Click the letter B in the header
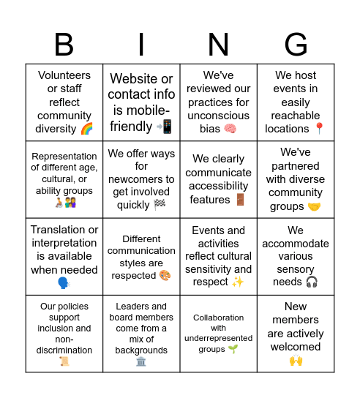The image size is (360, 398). coord(64,45)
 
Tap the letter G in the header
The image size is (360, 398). coord(296,45)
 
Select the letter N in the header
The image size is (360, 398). coord(218,45)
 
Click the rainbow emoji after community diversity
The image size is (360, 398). coord(86,129)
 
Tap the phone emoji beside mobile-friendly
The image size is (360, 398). coord(164,127)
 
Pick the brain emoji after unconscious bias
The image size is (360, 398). coord(230,129)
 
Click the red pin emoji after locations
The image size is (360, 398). coord(319,129)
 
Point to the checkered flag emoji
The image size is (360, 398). coord(160,205)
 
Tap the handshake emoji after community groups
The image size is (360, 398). coord(314,206)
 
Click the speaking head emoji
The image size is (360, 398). coord(64,282)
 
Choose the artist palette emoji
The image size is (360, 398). coord(165,276)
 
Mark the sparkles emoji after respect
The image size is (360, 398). coord(239,282)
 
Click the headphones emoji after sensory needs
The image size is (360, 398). coord(312,282)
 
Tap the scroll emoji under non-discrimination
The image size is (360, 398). coord(64,361)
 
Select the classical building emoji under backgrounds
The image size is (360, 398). coord(141,361)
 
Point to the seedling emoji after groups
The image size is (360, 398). coord(233,349)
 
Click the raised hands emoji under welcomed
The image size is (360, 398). coord(296,360)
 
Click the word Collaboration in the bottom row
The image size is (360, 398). coord(218,318)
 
